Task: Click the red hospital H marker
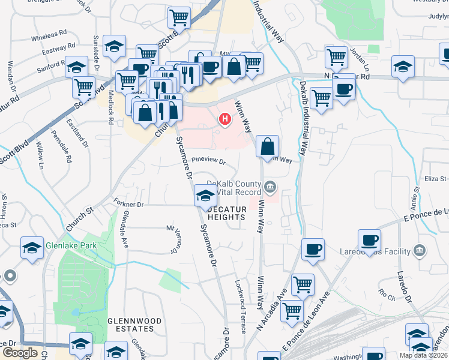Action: click(x=225, y=120)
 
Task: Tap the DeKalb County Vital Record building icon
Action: click(x=271, y=188)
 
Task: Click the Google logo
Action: click(x=20, y=353)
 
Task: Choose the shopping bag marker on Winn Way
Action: click(x=267, y=145)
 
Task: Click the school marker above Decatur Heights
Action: click(x=205, y=195)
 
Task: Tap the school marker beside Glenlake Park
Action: click(x=32, y=247)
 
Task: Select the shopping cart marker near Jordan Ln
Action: click(x=336, y=57)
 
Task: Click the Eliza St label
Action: click(x=436, y=178)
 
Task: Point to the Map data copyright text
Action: click(x=423, y=355)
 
